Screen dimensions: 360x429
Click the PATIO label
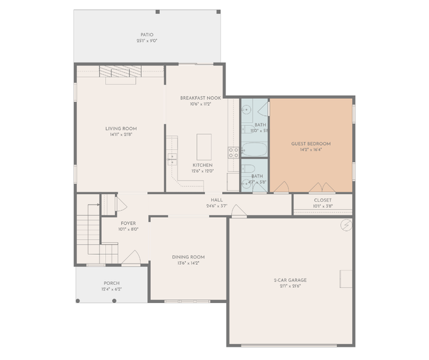tap(146, 34)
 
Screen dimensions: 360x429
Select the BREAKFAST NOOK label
tap(200, 98)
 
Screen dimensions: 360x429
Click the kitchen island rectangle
tap(204, 147)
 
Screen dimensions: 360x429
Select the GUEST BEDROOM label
tap(311, 143)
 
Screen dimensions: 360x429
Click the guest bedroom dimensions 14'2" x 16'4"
tap(311, 150)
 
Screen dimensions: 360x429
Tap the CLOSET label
tap(323, 200)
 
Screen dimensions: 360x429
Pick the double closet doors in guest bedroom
tap(322, 187)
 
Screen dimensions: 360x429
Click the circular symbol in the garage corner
tap(346, 225)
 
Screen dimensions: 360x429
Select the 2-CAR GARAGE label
tap(290, 280)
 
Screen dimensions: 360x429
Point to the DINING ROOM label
tap(188, 257)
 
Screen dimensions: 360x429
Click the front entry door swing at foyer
tap(131, 258)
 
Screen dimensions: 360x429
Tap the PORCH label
tap(111, 283)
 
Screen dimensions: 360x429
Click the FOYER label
tap(128, 223)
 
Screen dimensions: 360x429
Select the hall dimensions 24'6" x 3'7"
tap(217, 206)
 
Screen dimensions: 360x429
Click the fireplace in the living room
tap(119, 75)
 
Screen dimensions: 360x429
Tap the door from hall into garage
tap(238, 212)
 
